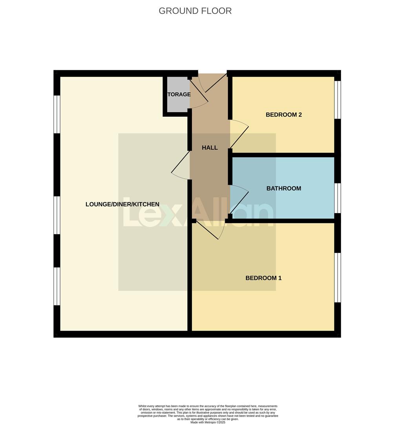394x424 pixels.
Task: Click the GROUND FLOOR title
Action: pos(195,11)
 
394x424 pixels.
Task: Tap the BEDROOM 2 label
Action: pos(283,115)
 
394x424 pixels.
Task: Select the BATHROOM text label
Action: pos(283,188)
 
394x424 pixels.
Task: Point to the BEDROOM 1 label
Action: pos(263,278)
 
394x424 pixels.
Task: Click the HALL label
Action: pos(210,148)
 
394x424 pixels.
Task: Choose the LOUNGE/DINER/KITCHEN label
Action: pos(122,204)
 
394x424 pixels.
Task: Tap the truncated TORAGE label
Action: pos(179,94)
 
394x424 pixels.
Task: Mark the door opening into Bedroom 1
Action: pos(210,230)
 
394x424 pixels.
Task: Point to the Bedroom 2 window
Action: pos(337,99)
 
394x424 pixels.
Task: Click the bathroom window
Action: pos(337,197)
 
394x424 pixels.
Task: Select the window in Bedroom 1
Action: pos(337,277)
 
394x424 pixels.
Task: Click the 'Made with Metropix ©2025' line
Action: pos(208,422)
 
